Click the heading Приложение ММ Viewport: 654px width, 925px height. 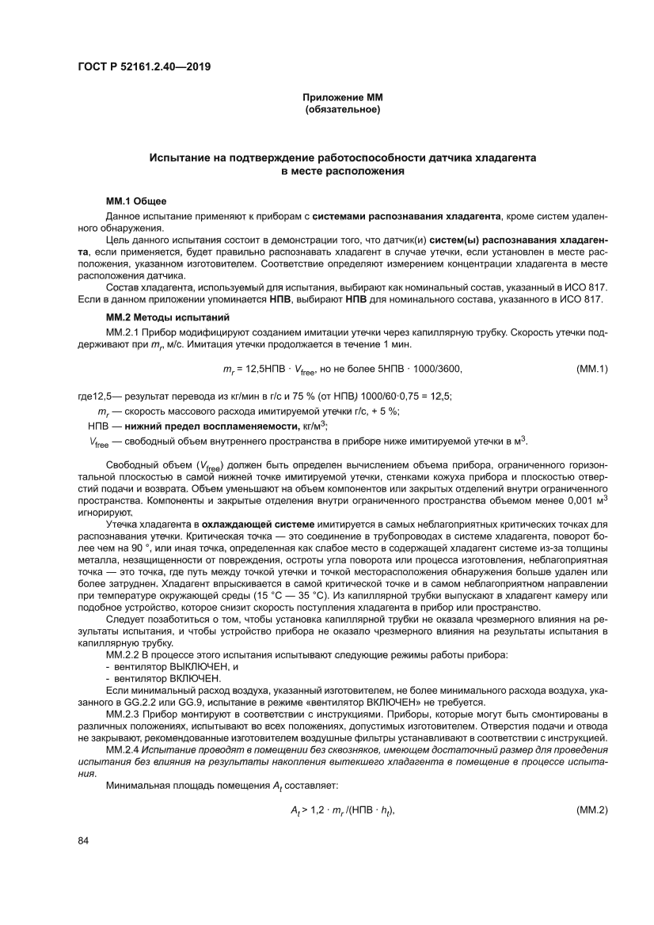tap(343, 98)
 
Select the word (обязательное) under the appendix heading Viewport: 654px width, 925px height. tap(343, 110)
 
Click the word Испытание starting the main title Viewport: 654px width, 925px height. tap(181, 158)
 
